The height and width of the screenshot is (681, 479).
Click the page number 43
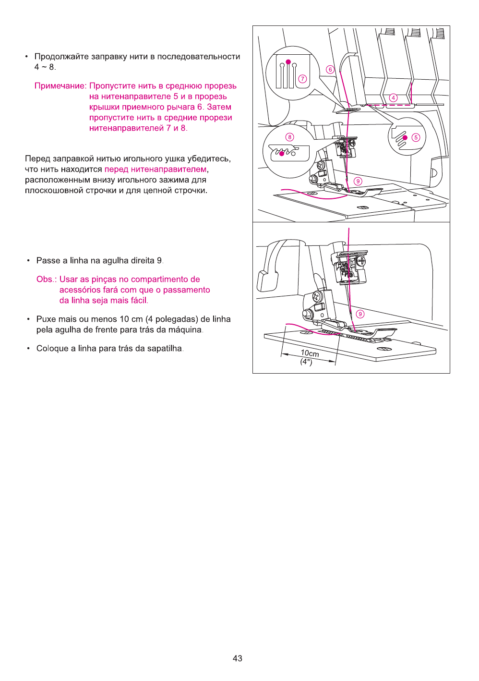click(237, 658)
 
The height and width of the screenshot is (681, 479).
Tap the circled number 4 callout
click(394, 98)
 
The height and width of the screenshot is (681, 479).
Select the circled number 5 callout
click(416, 137)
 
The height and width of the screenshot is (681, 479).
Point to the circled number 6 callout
click(330, 70)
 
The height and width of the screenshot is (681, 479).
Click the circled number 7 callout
click(302, 79)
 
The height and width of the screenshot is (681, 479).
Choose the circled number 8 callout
click(289, 137)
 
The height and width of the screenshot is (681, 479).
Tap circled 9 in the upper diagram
click(358, 181)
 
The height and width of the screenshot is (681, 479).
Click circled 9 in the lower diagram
click(360, 314)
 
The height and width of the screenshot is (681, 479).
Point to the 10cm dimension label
click(310, 353)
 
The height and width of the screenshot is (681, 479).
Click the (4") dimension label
click(306, 362)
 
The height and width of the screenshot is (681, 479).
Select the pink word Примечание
click(60, 86)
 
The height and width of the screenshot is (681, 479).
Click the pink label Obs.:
click(47, 280)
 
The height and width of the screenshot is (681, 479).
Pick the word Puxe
click(46, 319)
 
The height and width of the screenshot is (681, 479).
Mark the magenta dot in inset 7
click(288, 62)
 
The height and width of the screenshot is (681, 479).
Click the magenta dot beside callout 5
click(405, 138)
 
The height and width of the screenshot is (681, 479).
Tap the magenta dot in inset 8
click(282, 154)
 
